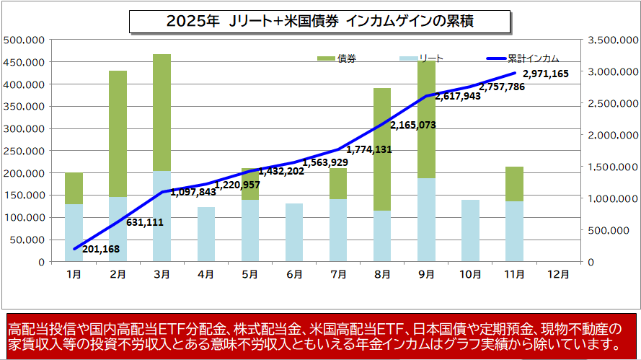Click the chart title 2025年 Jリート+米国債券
[x=320, y=21]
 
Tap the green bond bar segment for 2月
[x=118, y=133]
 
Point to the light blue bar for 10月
[x=470, y=230]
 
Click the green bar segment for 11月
[x=514, y=183]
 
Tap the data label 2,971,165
[x=546, y=74]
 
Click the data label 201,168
[x=102, y=250]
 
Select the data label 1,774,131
[x=369, y=150]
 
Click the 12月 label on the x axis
[x=558, y=274]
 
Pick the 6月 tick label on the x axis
[x=294, y=274]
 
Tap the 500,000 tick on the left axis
[x=25, y=40]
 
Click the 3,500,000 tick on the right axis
[x=613, y=40]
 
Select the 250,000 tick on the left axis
[x=25, y=151]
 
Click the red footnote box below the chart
[x=320, y=335]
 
